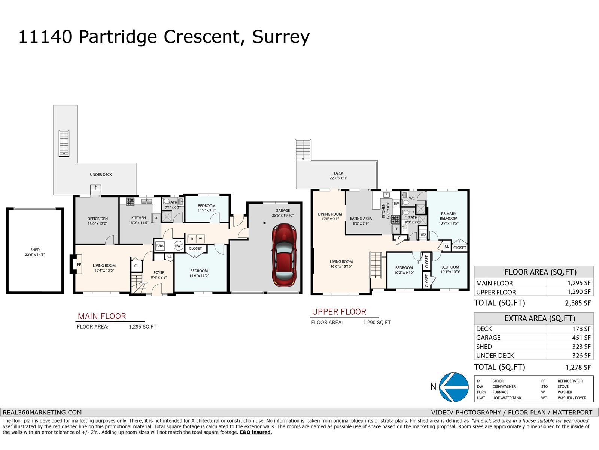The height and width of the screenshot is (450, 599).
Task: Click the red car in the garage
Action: [284, 255]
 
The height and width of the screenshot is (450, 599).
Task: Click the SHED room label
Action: [35, 252]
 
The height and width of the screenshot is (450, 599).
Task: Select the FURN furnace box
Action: [160, 246]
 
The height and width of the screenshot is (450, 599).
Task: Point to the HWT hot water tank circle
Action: [179, 246]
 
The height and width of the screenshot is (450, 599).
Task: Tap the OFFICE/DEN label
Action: [97, 221]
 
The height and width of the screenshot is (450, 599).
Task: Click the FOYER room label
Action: [159, 274]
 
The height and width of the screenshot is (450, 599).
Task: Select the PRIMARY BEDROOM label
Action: [448, 218]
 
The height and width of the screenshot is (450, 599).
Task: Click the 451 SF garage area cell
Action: [581, 337]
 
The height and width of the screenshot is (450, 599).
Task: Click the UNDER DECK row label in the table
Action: [495, 355]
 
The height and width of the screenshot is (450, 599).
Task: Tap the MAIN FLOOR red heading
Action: [102, 316]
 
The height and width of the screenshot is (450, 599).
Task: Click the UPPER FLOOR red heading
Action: [339, 312]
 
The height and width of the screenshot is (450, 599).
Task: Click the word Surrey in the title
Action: [281, 37]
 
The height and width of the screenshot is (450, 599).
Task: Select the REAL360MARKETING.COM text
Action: [42, 412]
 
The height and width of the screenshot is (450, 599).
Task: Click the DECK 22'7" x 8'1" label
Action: [338, 175]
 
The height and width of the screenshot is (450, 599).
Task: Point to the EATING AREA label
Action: [361, 221]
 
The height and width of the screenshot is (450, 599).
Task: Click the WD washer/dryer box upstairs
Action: [423, 234]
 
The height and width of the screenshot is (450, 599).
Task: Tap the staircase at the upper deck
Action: [303, 150]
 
